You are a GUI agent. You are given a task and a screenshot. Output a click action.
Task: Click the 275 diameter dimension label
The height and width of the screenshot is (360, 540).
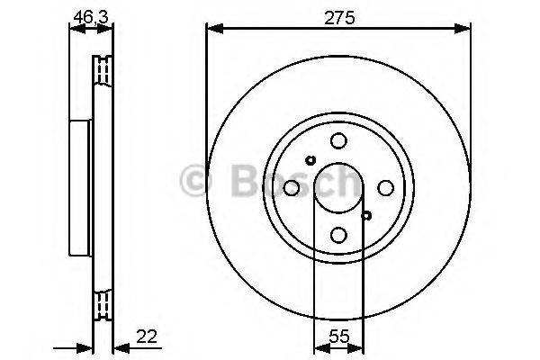(x=339, y=18)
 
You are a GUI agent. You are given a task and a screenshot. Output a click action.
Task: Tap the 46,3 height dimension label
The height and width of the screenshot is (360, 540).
(x=91, y=16)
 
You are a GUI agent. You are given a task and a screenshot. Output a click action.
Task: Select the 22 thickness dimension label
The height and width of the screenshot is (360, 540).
(x=147, y=337)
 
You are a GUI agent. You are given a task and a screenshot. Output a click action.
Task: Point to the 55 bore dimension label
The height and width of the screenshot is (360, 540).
(x=339, y=337)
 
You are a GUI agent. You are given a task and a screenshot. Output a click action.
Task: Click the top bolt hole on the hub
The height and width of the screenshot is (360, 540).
(x=338, y=140)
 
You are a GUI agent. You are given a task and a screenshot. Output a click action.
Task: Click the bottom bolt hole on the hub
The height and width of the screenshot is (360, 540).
(x=338, y=235)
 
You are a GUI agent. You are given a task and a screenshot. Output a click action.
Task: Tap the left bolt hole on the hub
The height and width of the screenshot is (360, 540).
(x=292, y=188)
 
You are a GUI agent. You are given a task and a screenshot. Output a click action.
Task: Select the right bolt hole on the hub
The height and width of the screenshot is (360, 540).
(x=386, y=188)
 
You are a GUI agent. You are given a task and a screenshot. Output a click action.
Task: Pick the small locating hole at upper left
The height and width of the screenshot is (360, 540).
(x=310, y=160)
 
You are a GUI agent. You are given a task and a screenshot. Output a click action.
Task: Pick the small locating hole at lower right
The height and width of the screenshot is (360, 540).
(x=366, y=216)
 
